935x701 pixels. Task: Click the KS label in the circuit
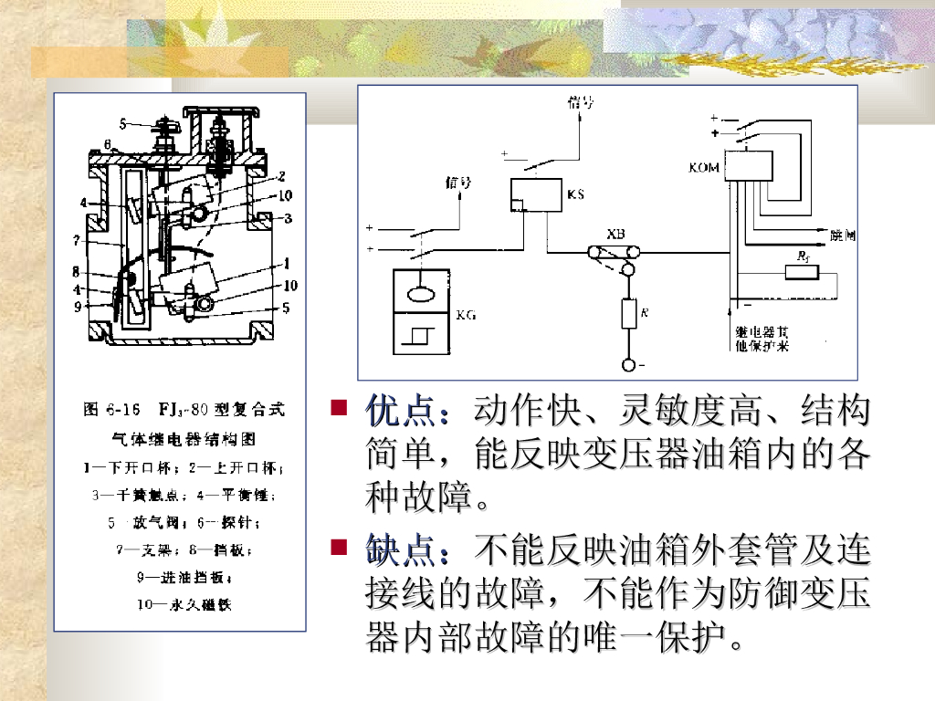coord(575,194)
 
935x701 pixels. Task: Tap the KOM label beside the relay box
coord(705,169)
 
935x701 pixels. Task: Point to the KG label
coord(467,315)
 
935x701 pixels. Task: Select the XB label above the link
coord(617,235)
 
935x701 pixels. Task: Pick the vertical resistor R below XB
coord(628,314)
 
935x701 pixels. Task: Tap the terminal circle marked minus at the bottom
coord(628,365)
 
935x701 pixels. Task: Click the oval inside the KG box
coord(421,295)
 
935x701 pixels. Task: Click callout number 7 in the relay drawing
coord(79,240)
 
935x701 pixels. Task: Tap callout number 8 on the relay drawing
coord(78,272)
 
